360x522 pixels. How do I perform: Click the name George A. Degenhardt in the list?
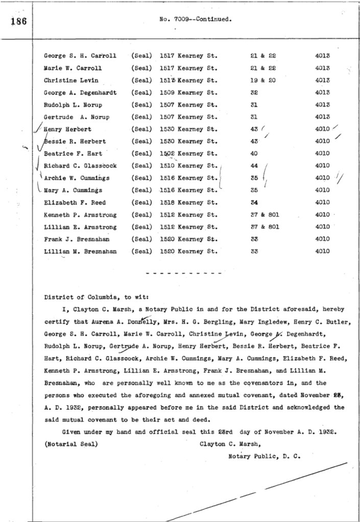(80, 92)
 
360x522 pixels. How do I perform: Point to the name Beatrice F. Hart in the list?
(73, 154)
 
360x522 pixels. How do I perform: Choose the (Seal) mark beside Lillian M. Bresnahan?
(142, 252)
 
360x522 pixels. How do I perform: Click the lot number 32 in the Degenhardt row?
(254, 92)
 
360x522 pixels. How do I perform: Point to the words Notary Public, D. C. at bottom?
(265, 456)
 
